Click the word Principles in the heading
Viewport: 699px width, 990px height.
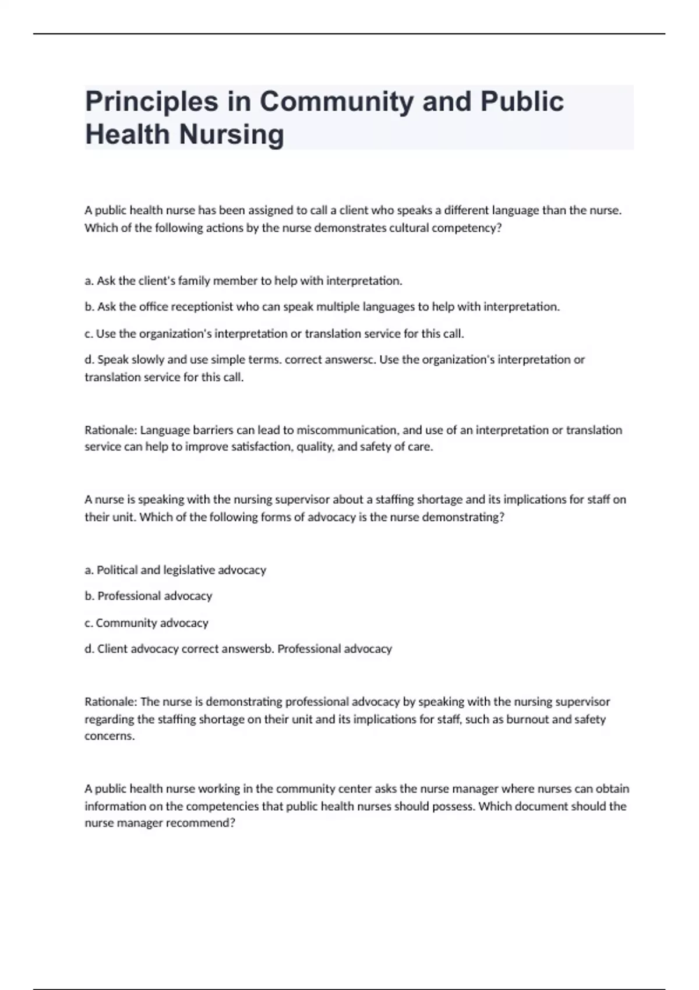tap(151, 102)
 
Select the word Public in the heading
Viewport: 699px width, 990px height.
tap(522, 102)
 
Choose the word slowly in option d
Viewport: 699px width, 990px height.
tap(149, 360)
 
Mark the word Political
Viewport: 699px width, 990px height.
tap(117, 570)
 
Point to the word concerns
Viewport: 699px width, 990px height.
tap(110, 736)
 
